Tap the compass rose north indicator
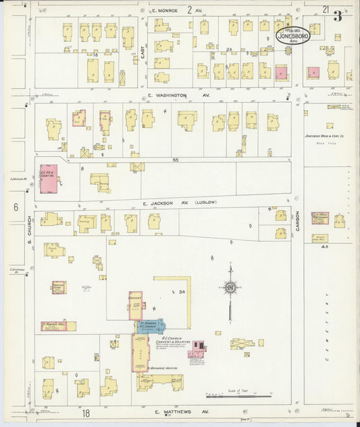point(230,288)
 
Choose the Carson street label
point(297,223)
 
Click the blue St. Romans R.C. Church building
point(149,328)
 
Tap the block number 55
point(174,159)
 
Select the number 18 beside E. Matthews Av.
point(86,411)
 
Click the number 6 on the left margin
point(15,207)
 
